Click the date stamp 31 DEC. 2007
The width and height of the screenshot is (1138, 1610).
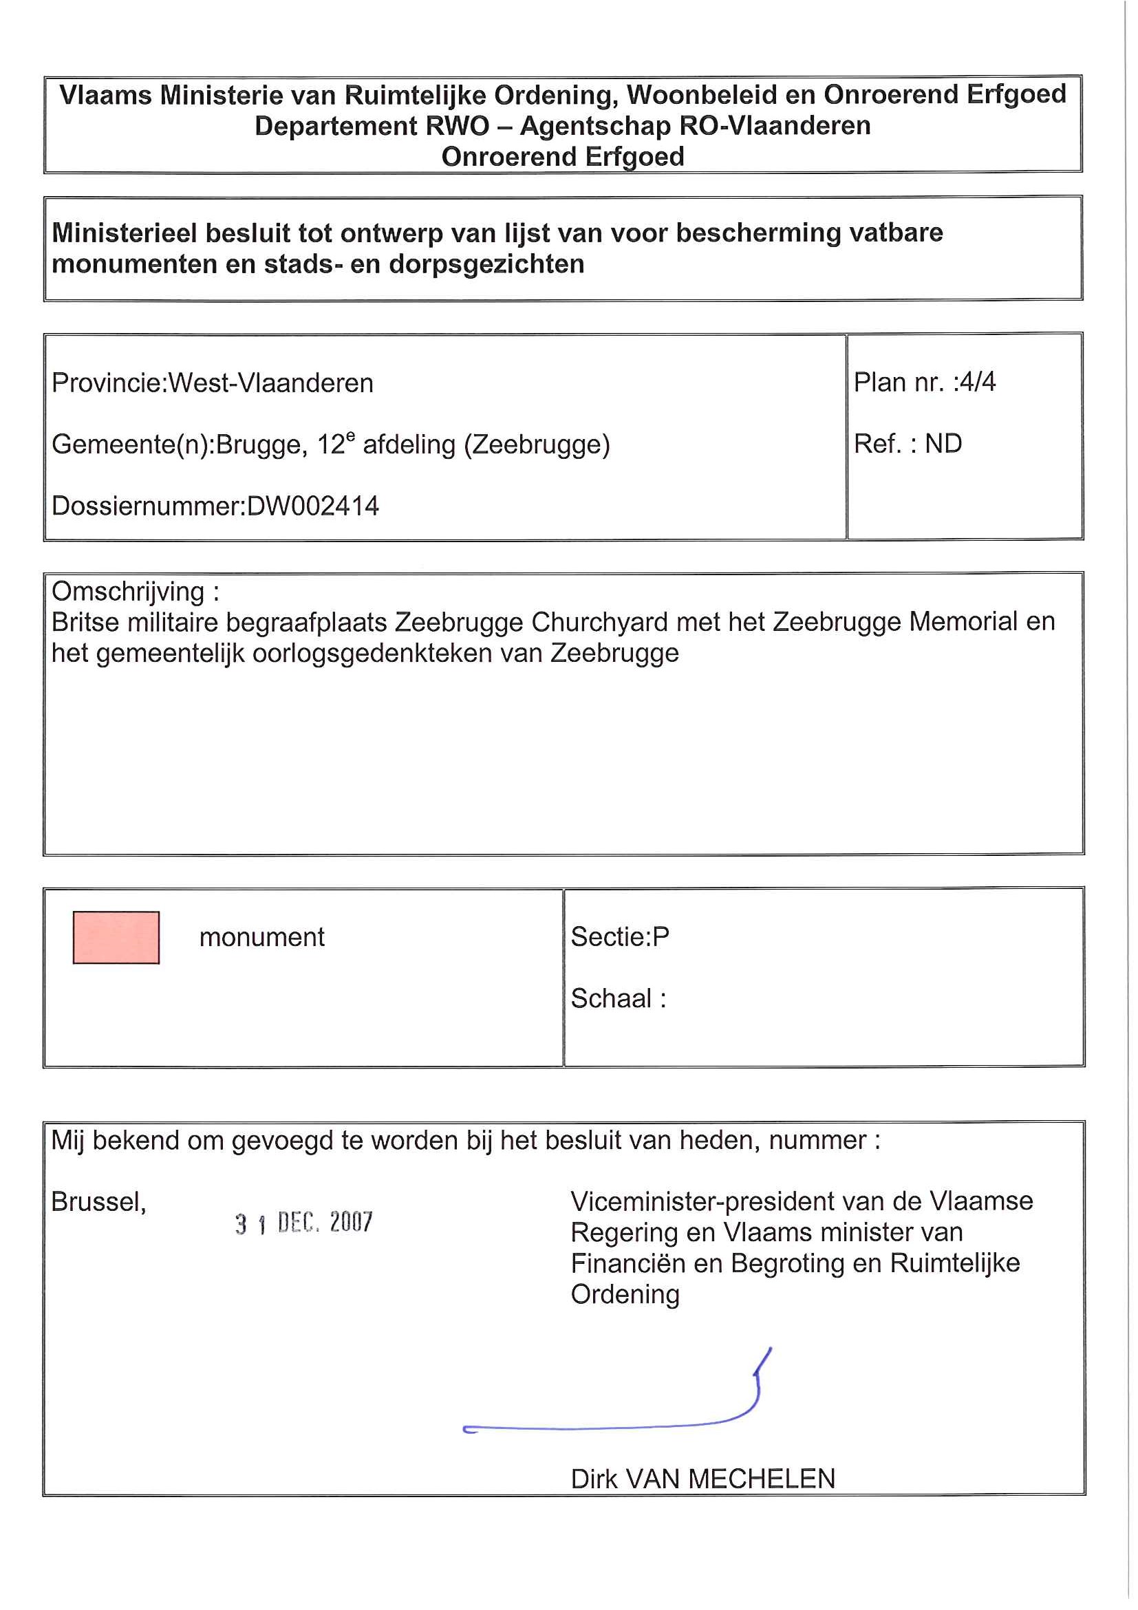point(303,1223)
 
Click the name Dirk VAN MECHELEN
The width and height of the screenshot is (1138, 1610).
point(702,1479)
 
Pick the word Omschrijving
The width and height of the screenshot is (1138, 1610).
point(128,591)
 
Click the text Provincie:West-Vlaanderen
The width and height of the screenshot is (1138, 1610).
point(213,383)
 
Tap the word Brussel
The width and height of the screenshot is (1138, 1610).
point(98,1202)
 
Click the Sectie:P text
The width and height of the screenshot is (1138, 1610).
point(620,936)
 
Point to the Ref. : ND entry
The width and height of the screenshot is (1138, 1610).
point(908,443)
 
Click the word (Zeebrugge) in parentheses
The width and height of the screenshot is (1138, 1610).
point(537,444)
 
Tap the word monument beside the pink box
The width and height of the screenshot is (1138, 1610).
point(261,937)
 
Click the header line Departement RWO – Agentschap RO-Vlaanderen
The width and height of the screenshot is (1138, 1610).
point(562,125)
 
